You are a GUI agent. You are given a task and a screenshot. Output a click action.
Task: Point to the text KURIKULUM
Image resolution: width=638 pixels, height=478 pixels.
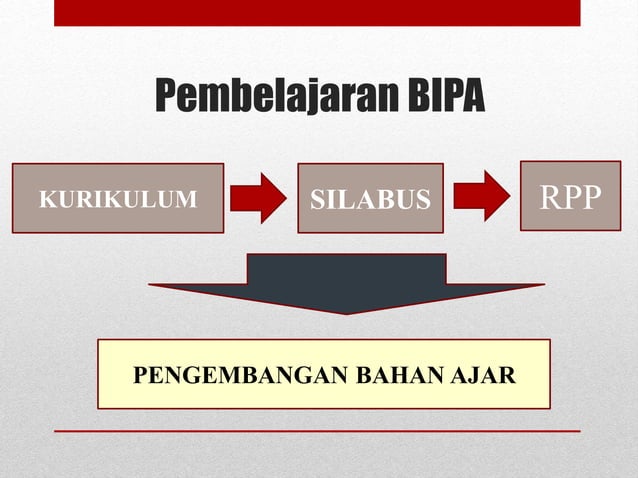pos(118,199)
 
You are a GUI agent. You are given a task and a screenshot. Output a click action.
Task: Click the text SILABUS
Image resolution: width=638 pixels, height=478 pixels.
pos(370,200)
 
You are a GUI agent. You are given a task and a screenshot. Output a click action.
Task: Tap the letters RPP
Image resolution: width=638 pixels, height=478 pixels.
pos(570,197)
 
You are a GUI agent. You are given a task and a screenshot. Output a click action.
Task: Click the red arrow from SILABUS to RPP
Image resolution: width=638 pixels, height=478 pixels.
pos(482,195)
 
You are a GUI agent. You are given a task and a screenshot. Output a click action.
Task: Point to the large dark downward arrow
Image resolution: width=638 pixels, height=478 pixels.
pos(346,280)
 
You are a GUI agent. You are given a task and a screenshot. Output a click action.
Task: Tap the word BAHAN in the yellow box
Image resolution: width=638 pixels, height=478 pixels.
pos(391,377)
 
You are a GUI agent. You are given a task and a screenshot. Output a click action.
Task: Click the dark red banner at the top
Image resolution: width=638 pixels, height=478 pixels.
pos(317,12)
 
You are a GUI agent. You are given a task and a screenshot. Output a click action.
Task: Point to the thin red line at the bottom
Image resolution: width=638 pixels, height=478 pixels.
pos(317,431)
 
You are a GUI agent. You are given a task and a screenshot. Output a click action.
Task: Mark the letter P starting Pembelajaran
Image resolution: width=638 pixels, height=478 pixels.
pos(165,98)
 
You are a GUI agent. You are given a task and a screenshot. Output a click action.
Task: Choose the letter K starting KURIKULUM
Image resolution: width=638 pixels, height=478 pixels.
pos(44,199)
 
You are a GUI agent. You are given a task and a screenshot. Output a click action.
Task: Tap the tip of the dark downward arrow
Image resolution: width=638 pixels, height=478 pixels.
pos(346,311)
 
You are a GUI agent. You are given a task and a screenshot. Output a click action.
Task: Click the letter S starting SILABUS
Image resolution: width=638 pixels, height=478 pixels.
pos(317,200)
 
